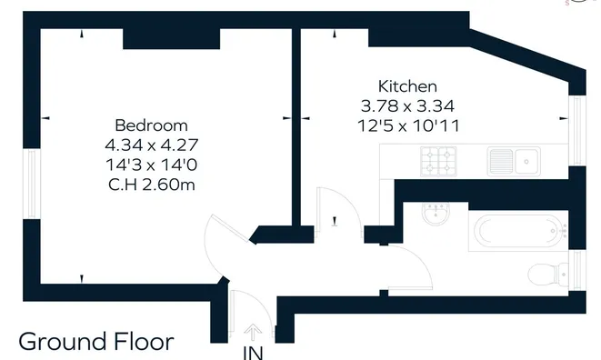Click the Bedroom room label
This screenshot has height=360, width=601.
click(151, 125)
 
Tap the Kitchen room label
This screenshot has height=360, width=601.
click(407, 86)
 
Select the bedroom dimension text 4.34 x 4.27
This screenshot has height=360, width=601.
click(152, 145)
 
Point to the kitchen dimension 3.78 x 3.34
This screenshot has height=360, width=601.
click(407, 105)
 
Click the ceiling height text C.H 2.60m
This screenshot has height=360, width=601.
click(152, 185)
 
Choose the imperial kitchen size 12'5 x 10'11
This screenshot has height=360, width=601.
click(408, 125)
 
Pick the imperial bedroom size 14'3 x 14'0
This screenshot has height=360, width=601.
click(152, 165)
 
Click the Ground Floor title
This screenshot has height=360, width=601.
click(96, 342)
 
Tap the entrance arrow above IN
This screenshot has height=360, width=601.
click(253, 333)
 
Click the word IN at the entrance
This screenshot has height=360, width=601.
click(253, 353)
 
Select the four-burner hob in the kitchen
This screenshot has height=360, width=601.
click(438, 162)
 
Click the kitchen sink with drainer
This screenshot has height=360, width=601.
click(514, 162)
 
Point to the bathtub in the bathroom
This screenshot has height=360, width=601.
click(518, 231)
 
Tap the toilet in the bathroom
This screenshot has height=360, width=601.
click(547, 275)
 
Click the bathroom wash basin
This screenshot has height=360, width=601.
click(436, 213)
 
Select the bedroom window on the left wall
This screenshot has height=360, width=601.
click(32, 184)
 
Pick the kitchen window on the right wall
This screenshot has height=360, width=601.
click(577, 131)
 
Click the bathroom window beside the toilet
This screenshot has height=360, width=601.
click(577, 270)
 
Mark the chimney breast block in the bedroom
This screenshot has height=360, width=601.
click(171, 39)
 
